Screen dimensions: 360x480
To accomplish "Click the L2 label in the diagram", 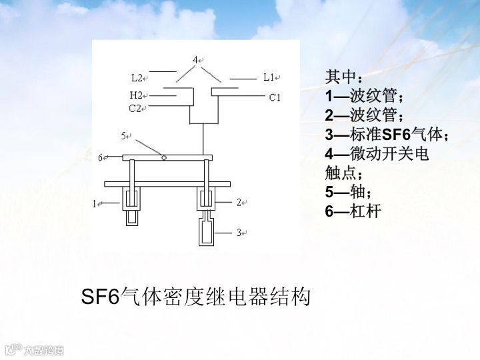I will click(x=137, y=78).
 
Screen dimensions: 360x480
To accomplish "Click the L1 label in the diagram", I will click(x=269, y=77).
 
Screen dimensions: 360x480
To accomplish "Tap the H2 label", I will click(x=135, y=95).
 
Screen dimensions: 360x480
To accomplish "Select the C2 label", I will click(x=135, y=107).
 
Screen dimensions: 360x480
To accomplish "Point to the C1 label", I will click(x=275, y=98).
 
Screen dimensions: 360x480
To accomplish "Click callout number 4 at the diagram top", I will click(x=196, y=60).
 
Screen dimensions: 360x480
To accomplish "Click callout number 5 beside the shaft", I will click(x=124, y=136).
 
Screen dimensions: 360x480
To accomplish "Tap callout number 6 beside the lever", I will click(x=101, y=158).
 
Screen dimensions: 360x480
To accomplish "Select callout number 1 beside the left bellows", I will click(x=95, y=203).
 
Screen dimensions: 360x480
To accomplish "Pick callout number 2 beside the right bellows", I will click(x=239, y=202).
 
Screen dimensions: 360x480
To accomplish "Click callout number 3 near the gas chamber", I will click(x=239, y=233).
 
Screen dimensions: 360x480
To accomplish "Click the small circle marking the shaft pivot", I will click(x=164, y=157).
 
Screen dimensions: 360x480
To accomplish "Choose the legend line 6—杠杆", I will click(x=353, y=212).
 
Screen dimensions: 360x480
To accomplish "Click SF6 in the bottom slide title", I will click(x=99, y=297).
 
